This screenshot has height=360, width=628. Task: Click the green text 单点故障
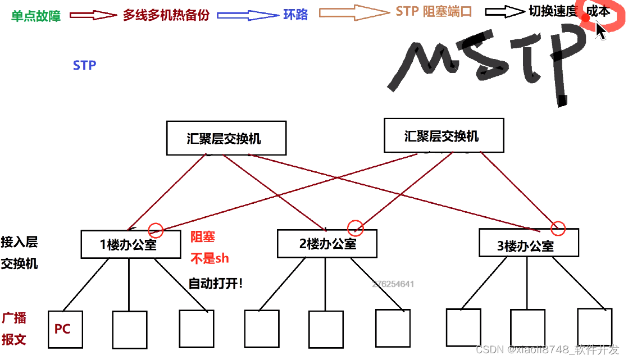[36, 15]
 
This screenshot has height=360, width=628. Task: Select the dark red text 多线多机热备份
[166, 15]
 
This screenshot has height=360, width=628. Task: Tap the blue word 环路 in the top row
[295, 15]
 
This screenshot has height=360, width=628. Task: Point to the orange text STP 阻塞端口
[434, 11]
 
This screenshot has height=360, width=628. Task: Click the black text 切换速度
[553, 11]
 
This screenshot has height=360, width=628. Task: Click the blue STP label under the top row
[84, 65]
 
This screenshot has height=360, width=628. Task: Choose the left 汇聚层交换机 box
[226, 138]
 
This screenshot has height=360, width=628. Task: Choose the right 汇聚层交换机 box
[444, 135]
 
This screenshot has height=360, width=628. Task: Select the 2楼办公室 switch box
[327, 243]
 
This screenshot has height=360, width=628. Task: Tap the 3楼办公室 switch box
[527, 245]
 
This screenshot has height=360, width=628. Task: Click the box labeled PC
[65, 329]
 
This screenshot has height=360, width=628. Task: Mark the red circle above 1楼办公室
[156, 229]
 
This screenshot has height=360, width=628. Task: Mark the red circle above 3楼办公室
[557, 228]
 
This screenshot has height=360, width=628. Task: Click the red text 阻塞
[202, 237]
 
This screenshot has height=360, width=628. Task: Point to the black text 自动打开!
[216, 283]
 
